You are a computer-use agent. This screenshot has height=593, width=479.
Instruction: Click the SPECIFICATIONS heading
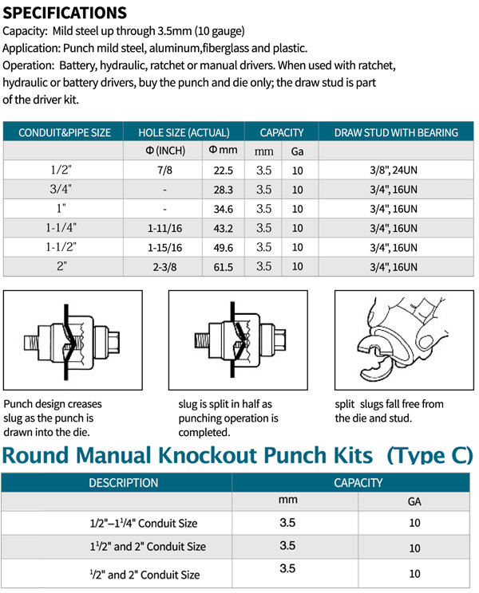(x=65, y=13)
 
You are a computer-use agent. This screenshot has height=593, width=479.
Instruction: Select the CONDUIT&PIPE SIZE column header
(x=65, y=132)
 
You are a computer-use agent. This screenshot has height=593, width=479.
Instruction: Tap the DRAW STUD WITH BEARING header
(x=396, y=132)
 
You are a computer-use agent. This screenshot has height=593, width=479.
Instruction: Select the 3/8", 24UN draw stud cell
(x=395, y=170)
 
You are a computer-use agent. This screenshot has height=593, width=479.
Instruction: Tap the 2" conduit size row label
(x=61, y=267)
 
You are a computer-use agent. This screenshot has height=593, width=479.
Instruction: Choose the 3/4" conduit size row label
(x=61, y=190)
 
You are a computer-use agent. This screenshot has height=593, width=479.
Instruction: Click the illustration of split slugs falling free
(x=404, y=342)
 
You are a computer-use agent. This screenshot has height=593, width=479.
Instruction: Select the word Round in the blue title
(x=41, y=455)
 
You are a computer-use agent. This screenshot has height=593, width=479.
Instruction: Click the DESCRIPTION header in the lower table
(x=123, y=482)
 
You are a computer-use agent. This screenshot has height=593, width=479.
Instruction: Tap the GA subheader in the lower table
(x=414, y=502)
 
